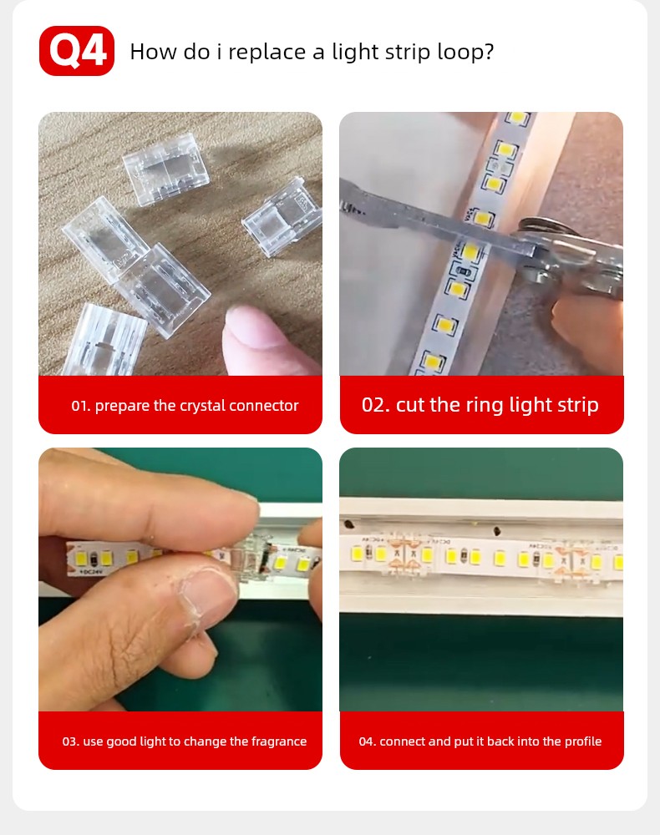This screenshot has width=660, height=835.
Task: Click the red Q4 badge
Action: pos(77,51)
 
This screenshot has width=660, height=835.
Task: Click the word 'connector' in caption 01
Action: pos(264,406)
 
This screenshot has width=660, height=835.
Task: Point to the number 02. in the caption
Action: pos(376,405)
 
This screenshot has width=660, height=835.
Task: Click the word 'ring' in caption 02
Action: pos(485,406)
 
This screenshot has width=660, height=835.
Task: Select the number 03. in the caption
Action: pos(70,741)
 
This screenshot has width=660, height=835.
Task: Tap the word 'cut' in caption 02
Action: pos(410,405)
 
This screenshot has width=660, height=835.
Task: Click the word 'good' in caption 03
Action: pos(121,741)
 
